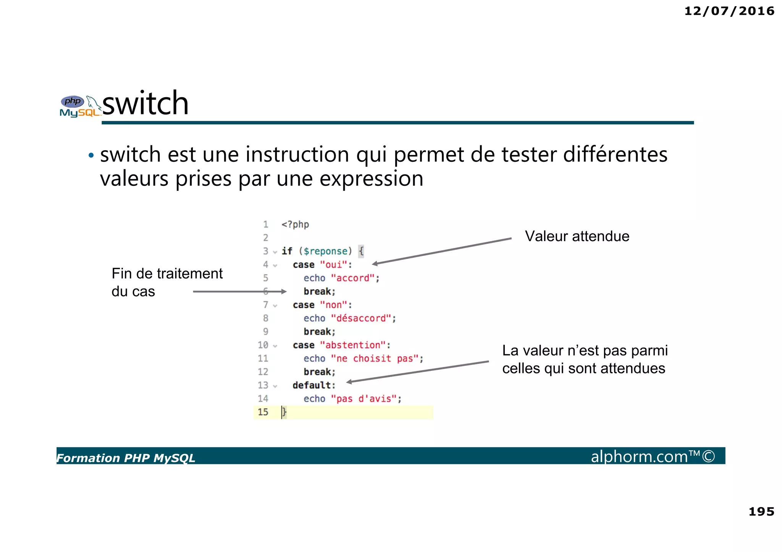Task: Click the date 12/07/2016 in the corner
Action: click(x=729, y=11)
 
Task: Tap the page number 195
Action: click(x=761, y=511)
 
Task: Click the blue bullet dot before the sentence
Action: click(x=91, y=155)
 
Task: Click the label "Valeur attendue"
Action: click(x=577, y=236)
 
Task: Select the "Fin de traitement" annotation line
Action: click(x=167, y=274)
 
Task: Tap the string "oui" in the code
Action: click(x=334, y=265)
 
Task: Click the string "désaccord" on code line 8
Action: click(x=361, y=318)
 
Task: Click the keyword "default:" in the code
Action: click(x=314, y=385)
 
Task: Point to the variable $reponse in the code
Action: click(x=326, y=251)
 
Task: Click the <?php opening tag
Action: click(x=295, y=224)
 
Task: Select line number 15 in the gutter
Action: click(x=263, y=412)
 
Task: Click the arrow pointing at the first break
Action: click(x=239, y=291)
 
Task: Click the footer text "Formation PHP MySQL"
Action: click(x=126, y=458)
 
